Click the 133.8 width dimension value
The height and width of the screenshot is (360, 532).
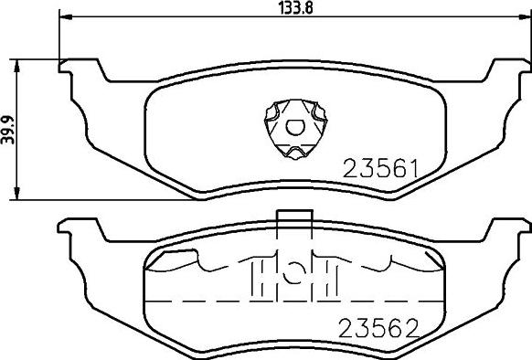click(x=295, y=7)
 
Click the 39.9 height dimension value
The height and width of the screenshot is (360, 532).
click(x=8, y=130)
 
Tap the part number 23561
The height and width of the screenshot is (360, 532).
click(x=381, y=169)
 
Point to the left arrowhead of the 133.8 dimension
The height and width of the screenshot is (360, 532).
click(x=66, y=16)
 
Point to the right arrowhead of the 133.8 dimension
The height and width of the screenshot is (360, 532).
click(x=525, y=16)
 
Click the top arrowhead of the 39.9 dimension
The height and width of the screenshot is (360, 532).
click(x=16, y=66)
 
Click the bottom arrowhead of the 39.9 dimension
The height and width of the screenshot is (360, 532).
click(x=16, y=193)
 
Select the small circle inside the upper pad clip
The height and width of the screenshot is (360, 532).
click(x=295, y=127)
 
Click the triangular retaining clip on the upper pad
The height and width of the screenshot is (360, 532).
click(x=295, y=129)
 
